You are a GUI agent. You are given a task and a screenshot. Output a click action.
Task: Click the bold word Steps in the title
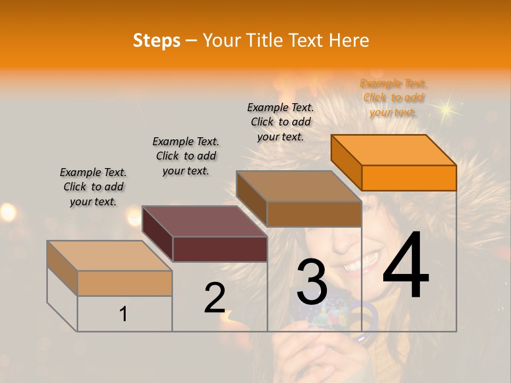[156, 40]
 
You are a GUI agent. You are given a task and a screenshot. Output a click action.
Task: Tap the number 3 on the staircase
[312, 282]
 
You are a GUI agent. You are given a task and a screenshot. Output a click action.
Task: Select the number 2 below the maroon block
[215, 298]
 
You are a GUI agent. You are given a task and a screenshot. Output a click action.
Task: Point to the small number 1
[123, 314]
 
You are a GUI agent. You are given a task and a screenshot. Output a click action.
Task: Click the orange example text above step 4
[393, 97]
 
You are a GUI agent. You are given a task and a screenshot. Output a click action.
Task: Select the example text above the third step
[281, 122]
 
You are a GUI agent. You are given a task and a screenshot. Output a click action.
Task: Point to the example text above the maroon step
[186, 156]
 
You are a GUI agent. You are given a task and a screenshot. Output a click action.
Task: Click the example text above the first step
[93, 187]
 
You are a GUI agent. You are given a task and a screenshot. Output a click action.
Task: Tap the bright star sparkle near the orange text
[446, 109]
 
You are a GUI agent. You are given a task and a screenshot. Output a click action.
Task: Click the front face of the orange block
[409, 178]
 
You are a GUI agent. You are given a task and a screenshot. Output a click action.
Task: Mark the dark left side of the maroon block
[158, 234]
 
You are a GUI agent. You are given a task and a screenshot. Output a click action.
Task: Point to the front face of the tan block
[125, 283]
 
